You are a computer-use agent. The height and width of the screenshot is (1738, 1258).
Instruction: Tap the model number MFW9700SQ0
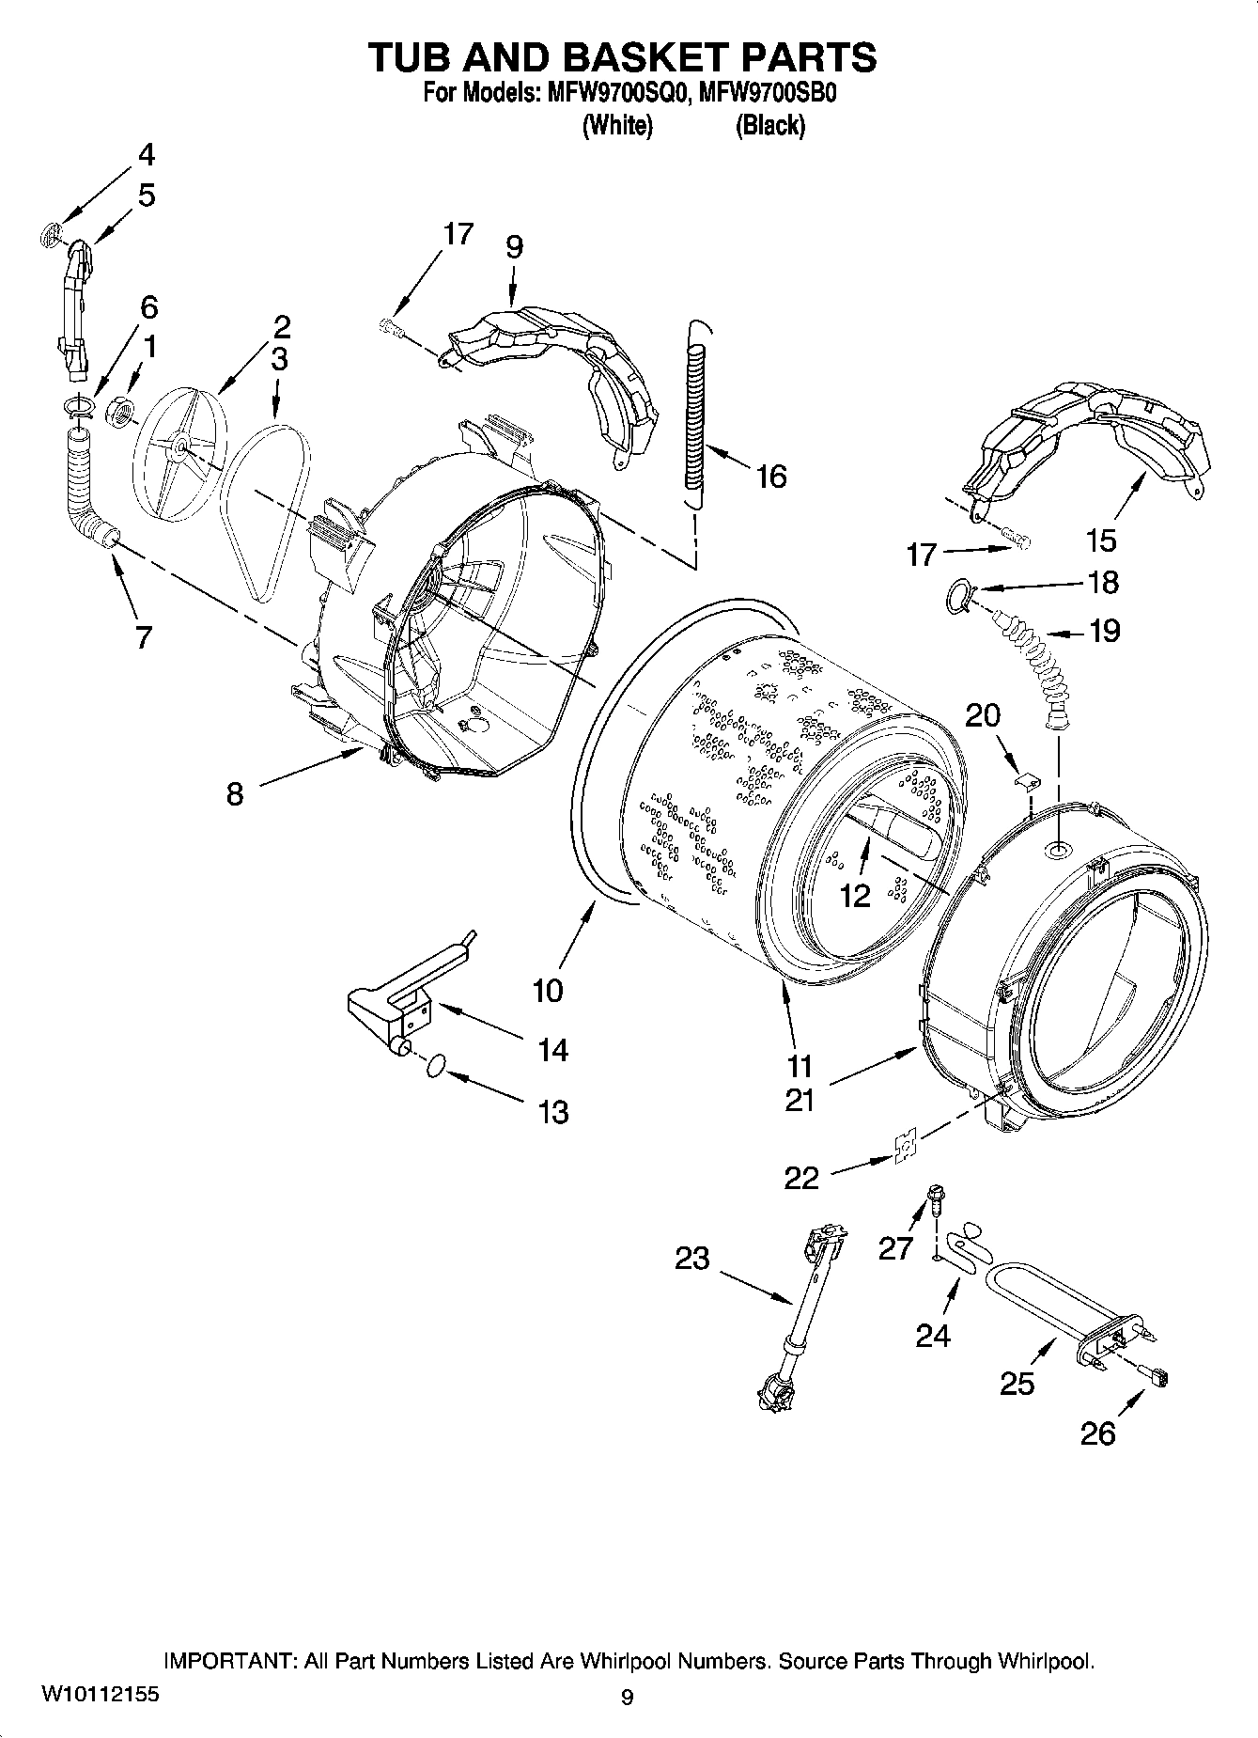click(614, 95)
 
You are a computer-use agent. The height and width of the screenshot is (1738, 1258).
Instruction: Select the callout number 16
click(770, 477)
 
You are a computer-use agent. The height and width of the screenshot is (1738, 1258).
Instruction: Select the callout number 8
click(235, 794)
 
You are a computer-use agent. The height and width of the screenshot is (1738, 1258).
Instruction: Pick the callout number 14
click(552, 1049)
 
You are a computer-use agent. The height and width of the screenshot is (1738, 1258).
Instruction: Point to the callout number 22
click(801, 1178)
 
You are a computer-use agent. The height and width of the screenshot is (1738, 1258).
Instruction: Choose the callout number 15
click(1100, 540)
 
